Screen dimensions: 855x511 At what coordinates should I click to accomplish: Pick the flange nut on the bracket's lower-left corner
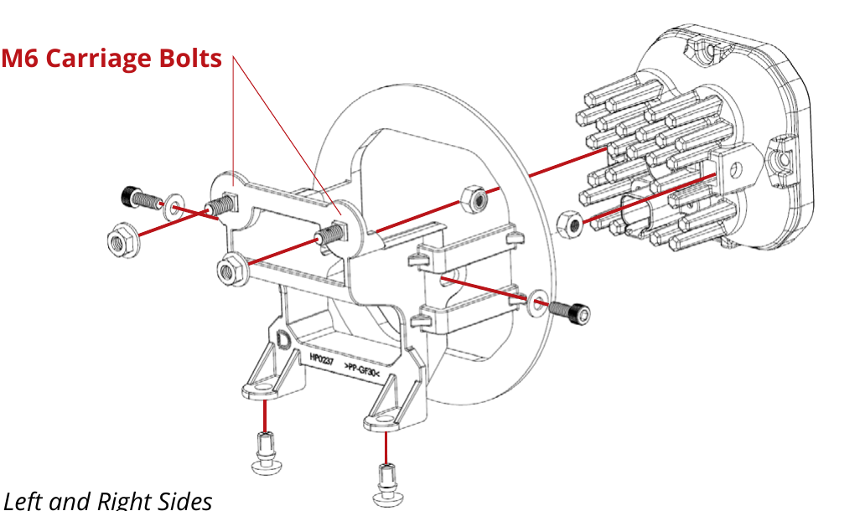[x=231, y=271]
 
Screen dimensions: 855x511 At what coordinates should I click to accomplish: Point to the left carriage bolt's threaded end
[x=220, y=207]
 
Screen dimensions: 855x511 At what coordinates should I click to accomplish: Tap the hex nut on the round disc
[x=474, y=200]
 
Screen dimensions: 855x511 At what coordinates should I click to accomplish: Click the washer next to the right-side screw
[x=537, y=302]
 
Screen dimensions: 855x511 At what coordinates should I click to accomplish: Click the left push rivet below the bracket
[x=266, y=453]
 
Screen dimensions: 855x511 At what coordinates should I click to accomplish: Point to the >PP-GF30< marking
[x=361, y=369]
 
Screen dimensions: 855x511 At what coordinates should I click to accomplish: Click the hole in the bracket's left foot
[x=264, y=387]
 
